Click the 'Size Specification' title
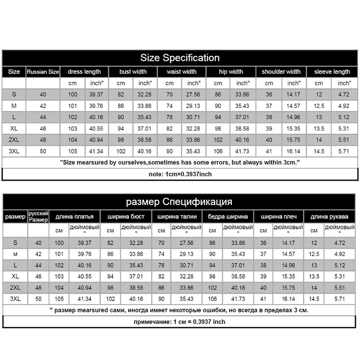point(180,58)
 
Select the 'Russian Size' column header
point(43,72)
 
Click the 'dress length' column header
point(84,72)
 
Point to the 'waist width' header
point(181,72)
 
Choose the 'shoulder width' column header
point(281,72)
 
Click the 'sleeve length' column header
point(332,72)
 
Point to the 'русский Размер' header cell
point(38,216)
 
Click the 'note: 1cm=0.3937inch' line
point(180,174)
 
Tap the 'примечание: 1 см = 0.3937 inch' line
point(180,322)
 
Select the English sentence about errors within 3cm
point(180,162)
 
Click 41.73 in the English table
point(243,151)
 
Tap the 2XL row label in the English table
point(14,139)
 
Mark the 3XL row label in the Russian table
point(15,299)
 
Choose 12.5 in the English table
point(319,106)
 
